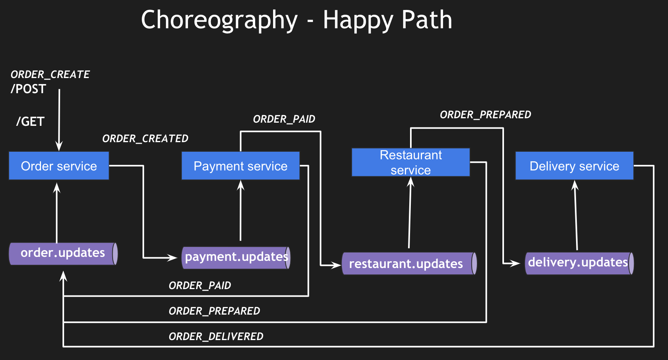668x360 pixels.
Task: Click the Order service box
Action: tap(59, 166)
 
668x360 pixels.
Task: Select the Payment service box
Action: tap(240, 166)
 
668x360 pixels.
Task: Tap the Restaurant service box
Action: tap(410, 162)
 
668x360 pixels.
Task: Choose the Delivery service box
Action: tap(574, 166)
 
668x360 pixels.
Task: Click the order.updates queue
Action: tap(63, 253)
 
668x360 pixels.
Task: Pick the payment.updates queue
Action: tap(236, 257)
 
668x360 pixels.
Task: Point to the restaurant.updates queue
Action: tap(409, 264)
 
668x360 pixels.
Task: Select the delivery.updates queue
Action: tap(579, 263)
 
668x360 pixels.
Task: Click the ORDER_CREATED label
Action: tap(145, 139)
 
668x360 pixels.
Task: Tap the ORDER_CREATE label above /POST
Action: tap(50, 74)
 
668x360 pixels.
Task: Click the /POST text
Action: tap(29, 89)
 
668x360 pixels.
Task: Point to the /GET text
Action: tap(30, 121)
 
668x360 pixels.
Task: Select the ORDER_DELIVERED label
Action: tap(216, 337)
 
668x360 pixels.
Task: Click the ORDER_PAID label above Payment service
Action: tap(284, 119)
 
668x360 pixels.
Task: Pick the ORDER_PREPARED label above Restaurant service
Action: tap(485, 115)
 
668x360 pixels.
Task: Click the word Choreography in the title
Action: tap(219, 20)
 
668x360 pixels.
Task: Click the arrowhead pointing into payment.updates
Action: tap(173, 258)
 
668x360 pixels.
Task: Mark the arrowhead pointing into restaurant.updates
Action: tap(337, 265)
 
